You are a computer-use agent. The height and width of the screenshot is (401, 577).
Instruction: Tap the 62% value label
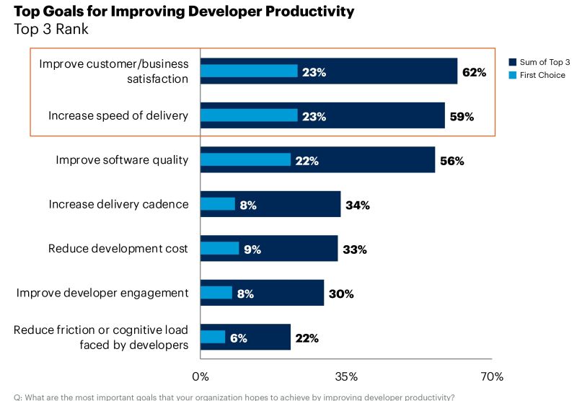point(474,72)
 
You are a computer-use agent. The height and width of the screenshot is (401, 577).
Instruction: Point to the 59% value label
point(462,116)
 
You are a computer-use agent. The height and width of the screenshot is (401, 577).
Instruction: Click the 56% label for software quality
point(452,161)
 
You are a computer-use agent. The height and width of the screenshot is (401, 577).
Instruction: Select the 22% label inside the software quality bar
point(307,161)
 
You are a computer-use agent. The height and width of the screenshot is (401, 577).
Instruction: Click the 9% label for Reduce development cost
point(252,250)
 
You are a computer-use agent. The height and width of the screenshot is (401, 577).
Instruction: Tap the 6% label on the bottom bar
point(238,338)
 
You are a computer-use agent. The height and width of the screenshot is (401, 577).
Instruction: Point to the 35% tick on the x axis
point(346,376)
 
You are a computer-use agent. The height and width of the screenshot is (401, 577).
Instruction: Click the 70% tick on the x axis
point(492,376)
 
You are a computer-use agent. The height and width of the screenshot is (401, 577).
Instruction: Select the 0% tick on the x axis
point(200,376)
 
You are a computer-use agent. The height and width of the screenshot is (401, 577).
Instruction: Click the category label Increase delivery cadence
point(118,204)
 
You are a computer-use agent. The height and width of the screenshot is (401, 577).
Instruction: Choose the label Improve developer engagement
point(102,292)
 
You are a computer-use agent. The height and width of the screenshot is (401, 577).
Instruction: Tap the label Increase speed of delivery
point(118,115)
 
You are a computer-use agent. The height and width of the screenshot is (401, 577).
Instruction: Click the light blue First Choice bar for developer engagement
point(216,292)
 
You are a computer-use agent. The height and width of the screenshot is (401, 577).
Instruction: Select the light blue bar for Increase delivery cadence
point(217,204)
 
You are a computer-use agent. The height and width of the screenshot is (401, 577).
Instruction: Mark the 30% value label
point(340,294)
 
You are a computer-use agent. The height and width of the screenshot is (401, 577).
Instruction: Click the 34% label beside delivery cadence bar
point(357,206)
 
